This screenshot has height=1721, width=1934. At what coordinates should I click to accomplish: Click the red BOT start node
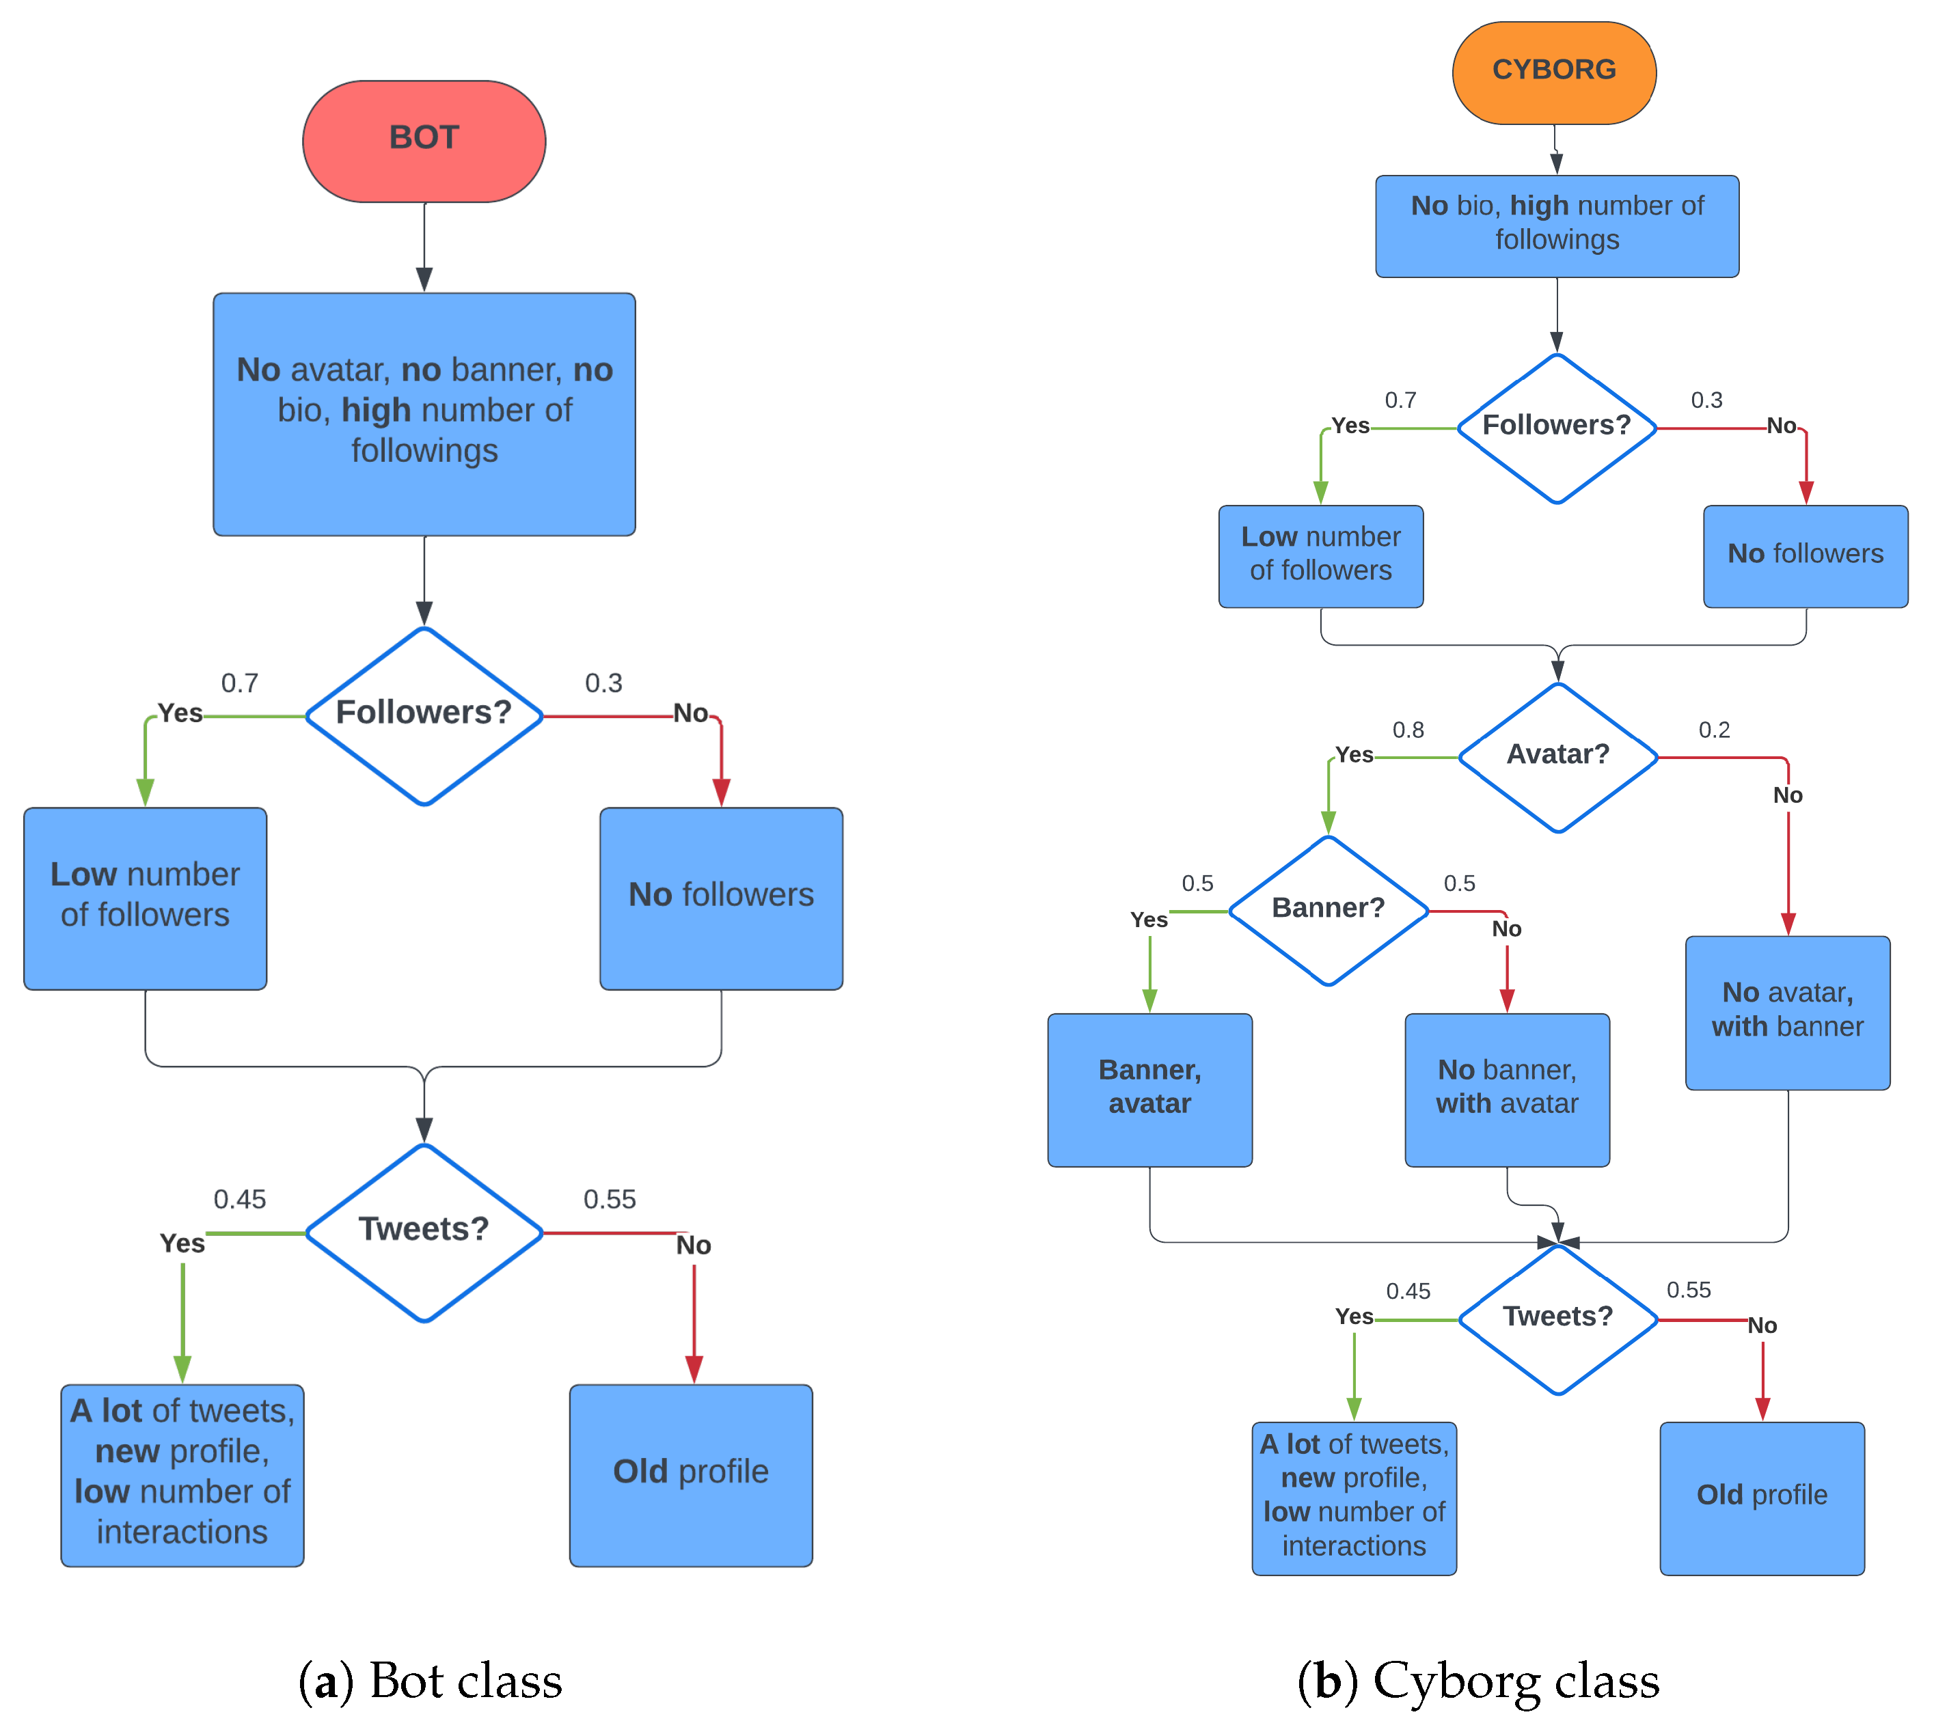(424, 141)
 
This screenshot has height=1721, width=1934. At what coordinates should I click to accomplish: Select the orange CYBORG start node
(1553, 73)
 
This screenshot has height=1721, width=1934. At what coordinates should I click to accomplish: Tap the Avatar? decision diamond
(1557, 757)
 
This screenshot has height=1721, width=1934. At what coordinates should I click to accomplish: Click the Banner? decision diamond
(1328, 910)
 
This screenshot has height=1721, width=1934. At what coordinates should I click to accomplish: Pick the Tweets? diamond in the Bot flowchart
(424, 1232)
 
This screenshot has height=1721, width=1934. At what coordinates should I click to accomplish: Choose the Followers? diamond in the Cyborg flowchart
(1557, 428)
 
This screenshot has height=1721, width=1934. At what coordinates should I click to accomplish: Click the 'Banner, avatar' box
(1149, 1089)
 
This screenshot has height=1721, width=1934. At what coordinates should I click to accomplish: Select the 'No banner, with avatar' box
(1506, 1089)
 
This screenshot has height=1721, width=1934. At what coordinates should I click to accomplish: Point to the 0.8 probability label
(1408, 730)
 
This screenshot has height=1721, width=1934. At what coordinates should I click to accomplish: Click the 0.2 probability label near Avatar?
(1713, 730)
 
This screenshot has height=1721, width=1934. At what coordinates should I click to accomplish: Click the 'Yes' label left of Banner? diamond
(1149, 919)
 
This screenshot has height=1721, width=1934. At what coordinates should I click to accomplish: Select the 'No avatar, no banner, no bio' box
(424, 413)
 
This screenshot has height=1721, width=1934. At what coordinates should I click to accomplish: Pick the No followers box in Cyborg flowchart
(1806, 555)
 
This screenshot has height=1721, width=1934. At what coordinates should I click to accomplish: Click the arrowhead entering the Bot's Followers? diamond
(424, 613)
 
